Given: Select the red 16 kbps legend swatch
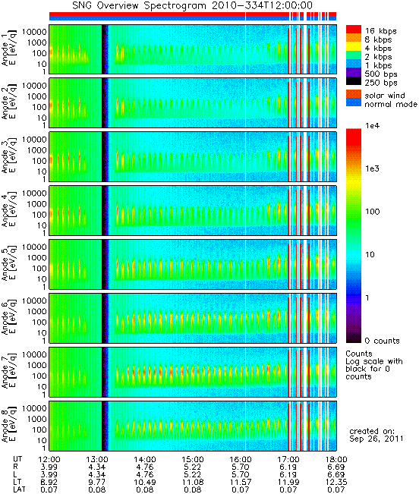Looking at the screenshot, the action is (x=354, y=30).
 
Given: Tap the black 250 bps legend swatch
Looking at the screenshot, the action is (x=354, y=81).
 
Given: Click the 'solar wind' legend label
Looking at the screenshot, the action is (x=385, y=96).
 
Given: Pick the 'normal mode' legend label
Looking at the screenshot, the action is (x=391, y=104).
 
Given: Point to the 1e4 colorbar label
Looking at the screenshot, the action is (x=373, y=126).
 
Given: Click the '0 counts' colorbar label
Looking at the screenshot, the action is (x=382, y=341).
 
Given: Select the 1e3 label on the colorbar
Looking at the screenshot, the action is (x=373, y=168).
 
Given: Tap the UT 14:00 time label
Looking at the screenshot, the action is (x=145, y=459).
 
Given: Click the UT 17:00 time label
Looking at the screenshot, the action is (x=288, y=459).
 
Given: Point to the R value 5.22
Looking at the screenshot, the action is (x=193, y=467).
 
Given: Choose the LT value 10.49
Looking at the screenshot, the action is (x=145, y=482).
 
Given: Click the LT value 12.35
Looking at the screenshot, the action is (x=336, y=482).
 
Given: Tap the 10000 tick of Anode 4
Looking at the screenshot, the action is (x=34, y=194).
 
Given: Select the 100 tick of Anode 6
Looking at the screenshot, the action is (x=39, y=322).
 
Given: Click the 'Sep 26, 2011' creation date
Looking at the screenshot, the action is (x=376, y=439).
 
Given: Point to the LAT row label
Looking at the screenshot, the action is (x=19, y=489).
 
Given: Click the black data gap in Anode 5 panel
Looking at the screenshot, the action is (x=104, y=264).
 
